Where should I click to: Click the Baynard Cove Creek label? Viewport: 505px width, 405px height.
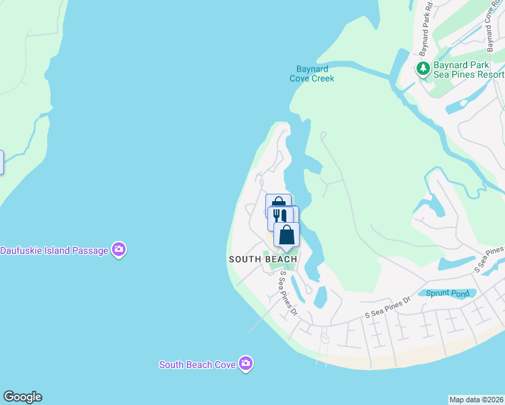coord(312,74)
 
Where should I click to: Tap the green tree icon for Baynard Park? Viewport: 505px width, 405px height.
coord(423,68)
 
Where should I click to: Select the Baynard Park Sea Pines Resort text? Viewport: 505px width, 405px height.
coord(469,69)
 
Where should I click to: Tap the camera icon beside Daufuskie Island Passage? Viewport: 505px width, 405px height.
coord(119,250)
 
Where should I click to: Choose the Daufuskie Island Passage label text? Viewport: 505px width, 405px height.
coord(54,250)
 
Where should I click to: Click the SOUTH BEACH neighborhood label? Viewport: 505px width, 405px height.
coord(263,259)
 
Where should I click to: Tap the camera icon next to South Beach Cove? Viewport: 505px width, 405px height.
coord(245,364)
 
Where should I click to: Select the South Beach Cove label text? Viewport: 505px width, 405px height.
coord(197,364)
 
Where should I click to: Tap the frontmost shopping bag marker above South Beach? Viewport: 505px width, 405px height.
coord(287,234)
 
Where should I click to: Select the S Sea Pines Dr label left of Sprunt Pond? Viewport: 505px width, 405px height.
coord(388,308)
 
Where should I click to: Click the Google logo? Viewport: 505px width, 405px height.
coord(22,397)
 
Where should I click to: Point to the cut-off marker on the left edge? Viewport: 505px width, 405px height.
coord(1,162)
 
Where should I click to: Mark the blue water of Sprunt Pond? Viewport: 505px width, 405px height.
coord(466,294)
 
